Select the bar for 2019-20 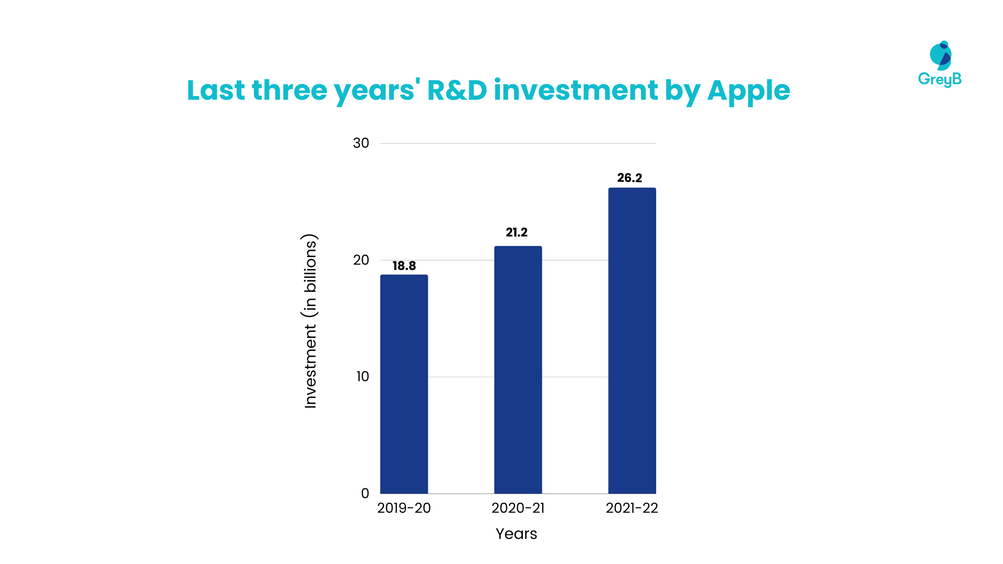tap(404, 384)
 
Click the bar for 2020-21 tap(518, 370)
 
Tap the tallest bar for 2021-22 tap(632, 340)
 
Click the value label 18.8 tap(404, 266)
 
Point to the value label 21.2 tap(517, 232)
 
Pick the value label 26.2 tap(629, 178)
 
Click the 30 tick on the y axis tap(361, 143)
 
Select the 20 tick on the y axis tap(361, 260)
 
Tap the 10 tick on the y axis tap(363, 377)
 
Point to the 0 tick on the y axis tap(365, 494)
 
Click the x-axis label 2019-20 tap(404, 508)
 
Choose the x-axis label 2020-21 tap(518, 508)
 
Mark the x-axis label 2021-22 tap(632, 508)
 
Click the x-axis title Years tap(516, 534)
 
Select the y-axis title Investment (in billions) tap(310, 321)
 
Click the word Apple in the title tap(748, 91)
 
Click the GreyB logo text tap(939, 79)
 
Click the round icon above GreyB tap(941, 55)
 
